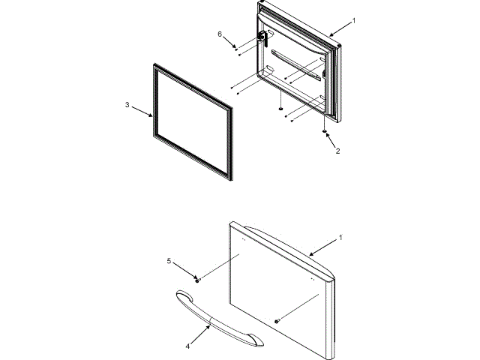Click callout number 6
pos(220,34)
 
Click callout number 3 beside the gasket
pos(127,105)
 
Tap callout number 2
pos(337,151)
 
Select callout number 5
pos(169,261)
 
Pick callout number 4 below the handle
pos(188,346)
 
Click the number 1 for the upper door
pos(354,20)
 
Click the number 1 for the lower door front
pos(341,237)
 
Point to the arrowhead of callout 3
pos(153,117)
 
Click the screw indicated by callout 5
pos(197,279)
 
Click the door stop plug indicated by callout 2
pos(325,132)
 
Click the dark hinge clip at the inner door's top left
pos(262,37)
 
